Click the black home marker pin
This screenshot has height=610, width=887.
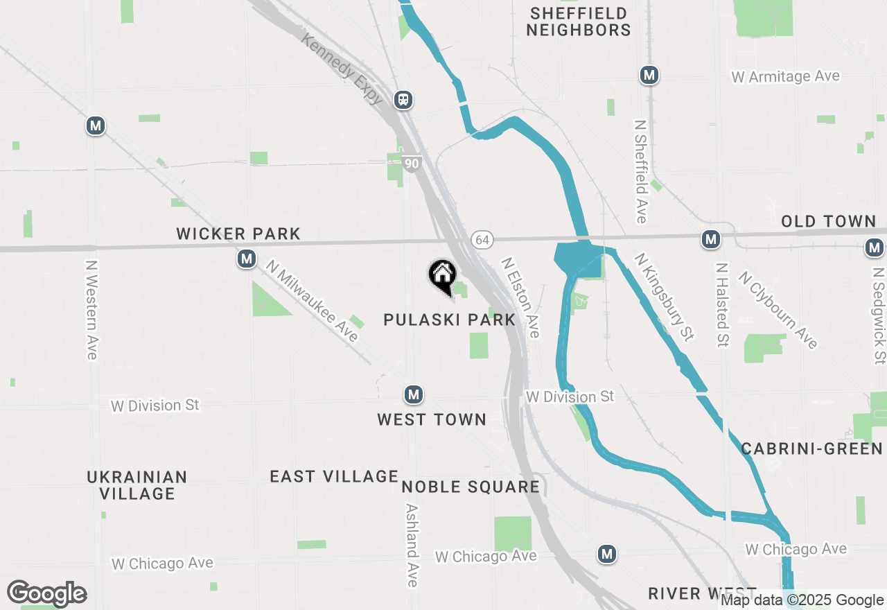click(442, 275)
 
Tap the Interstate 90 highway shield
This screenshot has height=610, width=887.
click(411, 164)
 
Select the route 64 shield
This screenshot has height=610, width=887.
click(482, 240)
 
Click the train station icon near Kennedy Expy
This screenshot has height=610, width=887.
click(403, 100)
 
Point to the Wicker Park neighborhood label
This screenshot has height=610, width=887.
click(238, 234)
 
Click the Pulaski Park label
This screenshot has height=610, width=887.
click(450, 320)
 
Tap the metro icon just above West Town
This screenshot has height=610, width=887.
click(414, 394)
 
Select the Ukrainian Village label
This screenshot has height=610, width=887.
click(137, 485)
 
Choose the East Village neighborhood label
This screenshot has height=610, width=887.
click(334, 476)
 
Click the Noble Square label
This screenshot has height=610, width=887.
click(471, 487)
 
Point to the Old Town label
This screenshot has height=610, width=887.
click(829, 221)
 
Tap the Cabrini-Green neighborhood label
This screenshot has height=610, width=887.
click(812, 448)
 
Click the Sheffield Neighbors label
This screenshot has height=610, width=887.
click(578, 21)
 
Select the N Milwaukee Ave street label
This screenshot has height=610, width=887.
click(312, 302)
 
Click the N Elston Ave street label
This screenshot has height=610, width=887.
click(520, 298)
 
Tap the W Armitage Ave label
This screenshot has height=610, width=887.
click(785, 76)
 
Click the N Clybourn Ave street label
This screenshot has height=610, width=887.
click(778, 310)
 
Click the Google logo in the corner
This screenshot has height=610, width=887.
click(47, 594)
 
